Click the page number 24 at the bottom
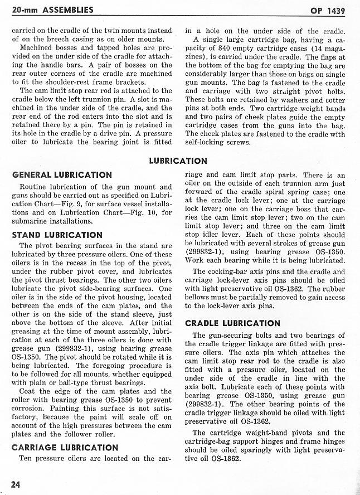click(14, 483)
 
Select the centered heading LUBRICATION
click(178, 161)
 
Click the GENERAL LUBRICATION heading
click(61, 174)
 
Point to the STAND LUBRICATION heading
click(57, 235)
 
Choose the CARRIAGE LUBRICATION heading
click(65, 447)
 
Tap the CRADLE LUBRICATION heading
click(232, 323)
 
